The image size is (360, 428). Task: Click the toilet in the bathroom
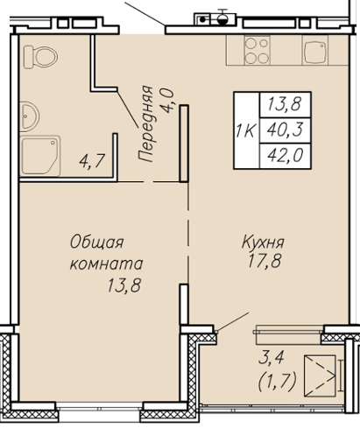(x=40, y=57)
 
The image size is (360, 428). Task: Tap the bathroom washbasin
(x=29, y=116)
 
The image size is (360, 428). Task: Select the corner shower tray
(x=40, y=156)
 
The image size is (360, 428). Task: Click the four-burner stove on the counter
(x=257, y=50)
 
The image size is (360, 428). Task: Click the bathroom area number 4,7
(x=92, y=160)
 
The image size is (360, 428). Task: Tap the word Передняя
(x=145, y=123)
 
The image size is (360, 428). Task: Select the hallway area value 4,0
(x=167, y=101)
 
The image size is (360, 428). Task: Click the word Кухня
(x=263, y=242)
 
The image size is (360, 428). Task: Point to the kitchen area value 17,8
(x=265, y=261)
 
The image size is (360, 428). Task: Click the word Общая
(x=97, y=242)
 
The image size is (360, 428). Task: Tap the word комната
(x=106, y=263)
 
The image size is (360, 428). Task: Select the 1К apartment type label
(x=246, y=130)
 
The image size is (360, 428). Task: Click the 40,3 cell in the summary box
(x=285, y=130)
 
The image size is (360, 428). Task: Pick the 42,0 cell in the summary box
(x=286, y=155)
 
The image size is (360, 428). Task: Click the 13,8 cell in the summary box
(x=285, y=104)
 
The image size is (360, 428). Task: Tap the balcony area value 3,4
(x=271, y=358)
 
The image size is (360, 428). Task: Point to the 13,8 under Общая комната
(x=124, y=285)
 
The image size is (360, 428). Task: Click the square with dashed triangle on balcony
(x=320, y=375)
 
